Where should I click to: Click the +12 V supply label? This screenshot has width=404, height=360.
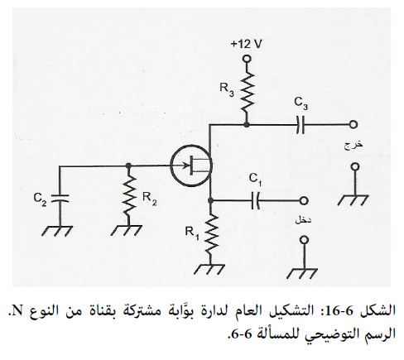tap(246, 44)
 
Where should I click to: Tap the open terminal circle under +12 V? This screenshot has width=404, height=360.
tap(247, 59)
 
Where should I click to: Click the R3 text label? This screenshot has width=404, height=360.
tap(227, 89)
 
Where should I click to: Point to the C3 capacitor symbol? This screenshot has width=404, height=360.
tap(301, 125)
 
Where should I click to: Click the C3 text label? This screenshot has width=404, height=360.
tap(301, 103)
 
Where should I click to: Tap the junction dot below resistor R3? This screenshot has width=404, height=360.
tap(247, 125)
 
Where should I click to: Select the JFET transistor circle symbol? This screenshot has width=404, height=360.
tap(191, 166)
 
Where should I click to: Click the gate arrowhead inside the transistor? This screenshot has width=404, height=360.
tap(187, 166)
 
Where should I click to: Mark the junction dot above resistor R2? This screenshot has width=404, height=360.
tap(128, 166)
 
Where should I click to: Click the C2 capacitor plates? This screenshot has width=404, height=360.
tap(60, 198)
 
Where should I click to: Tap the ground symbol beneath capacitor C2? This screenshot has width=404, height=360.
tap(57, 231)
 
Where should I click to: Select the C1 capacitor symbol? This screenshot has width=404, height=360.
tap(256, 200)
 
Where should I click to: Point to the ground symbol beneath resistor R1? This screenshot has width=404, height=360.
tap(209, 269)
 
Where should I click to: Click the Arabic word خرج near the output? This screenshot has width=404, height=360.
tap(353, 145)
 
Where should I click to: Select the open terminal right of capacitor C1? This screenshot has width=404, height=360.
tap(304, 200)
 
